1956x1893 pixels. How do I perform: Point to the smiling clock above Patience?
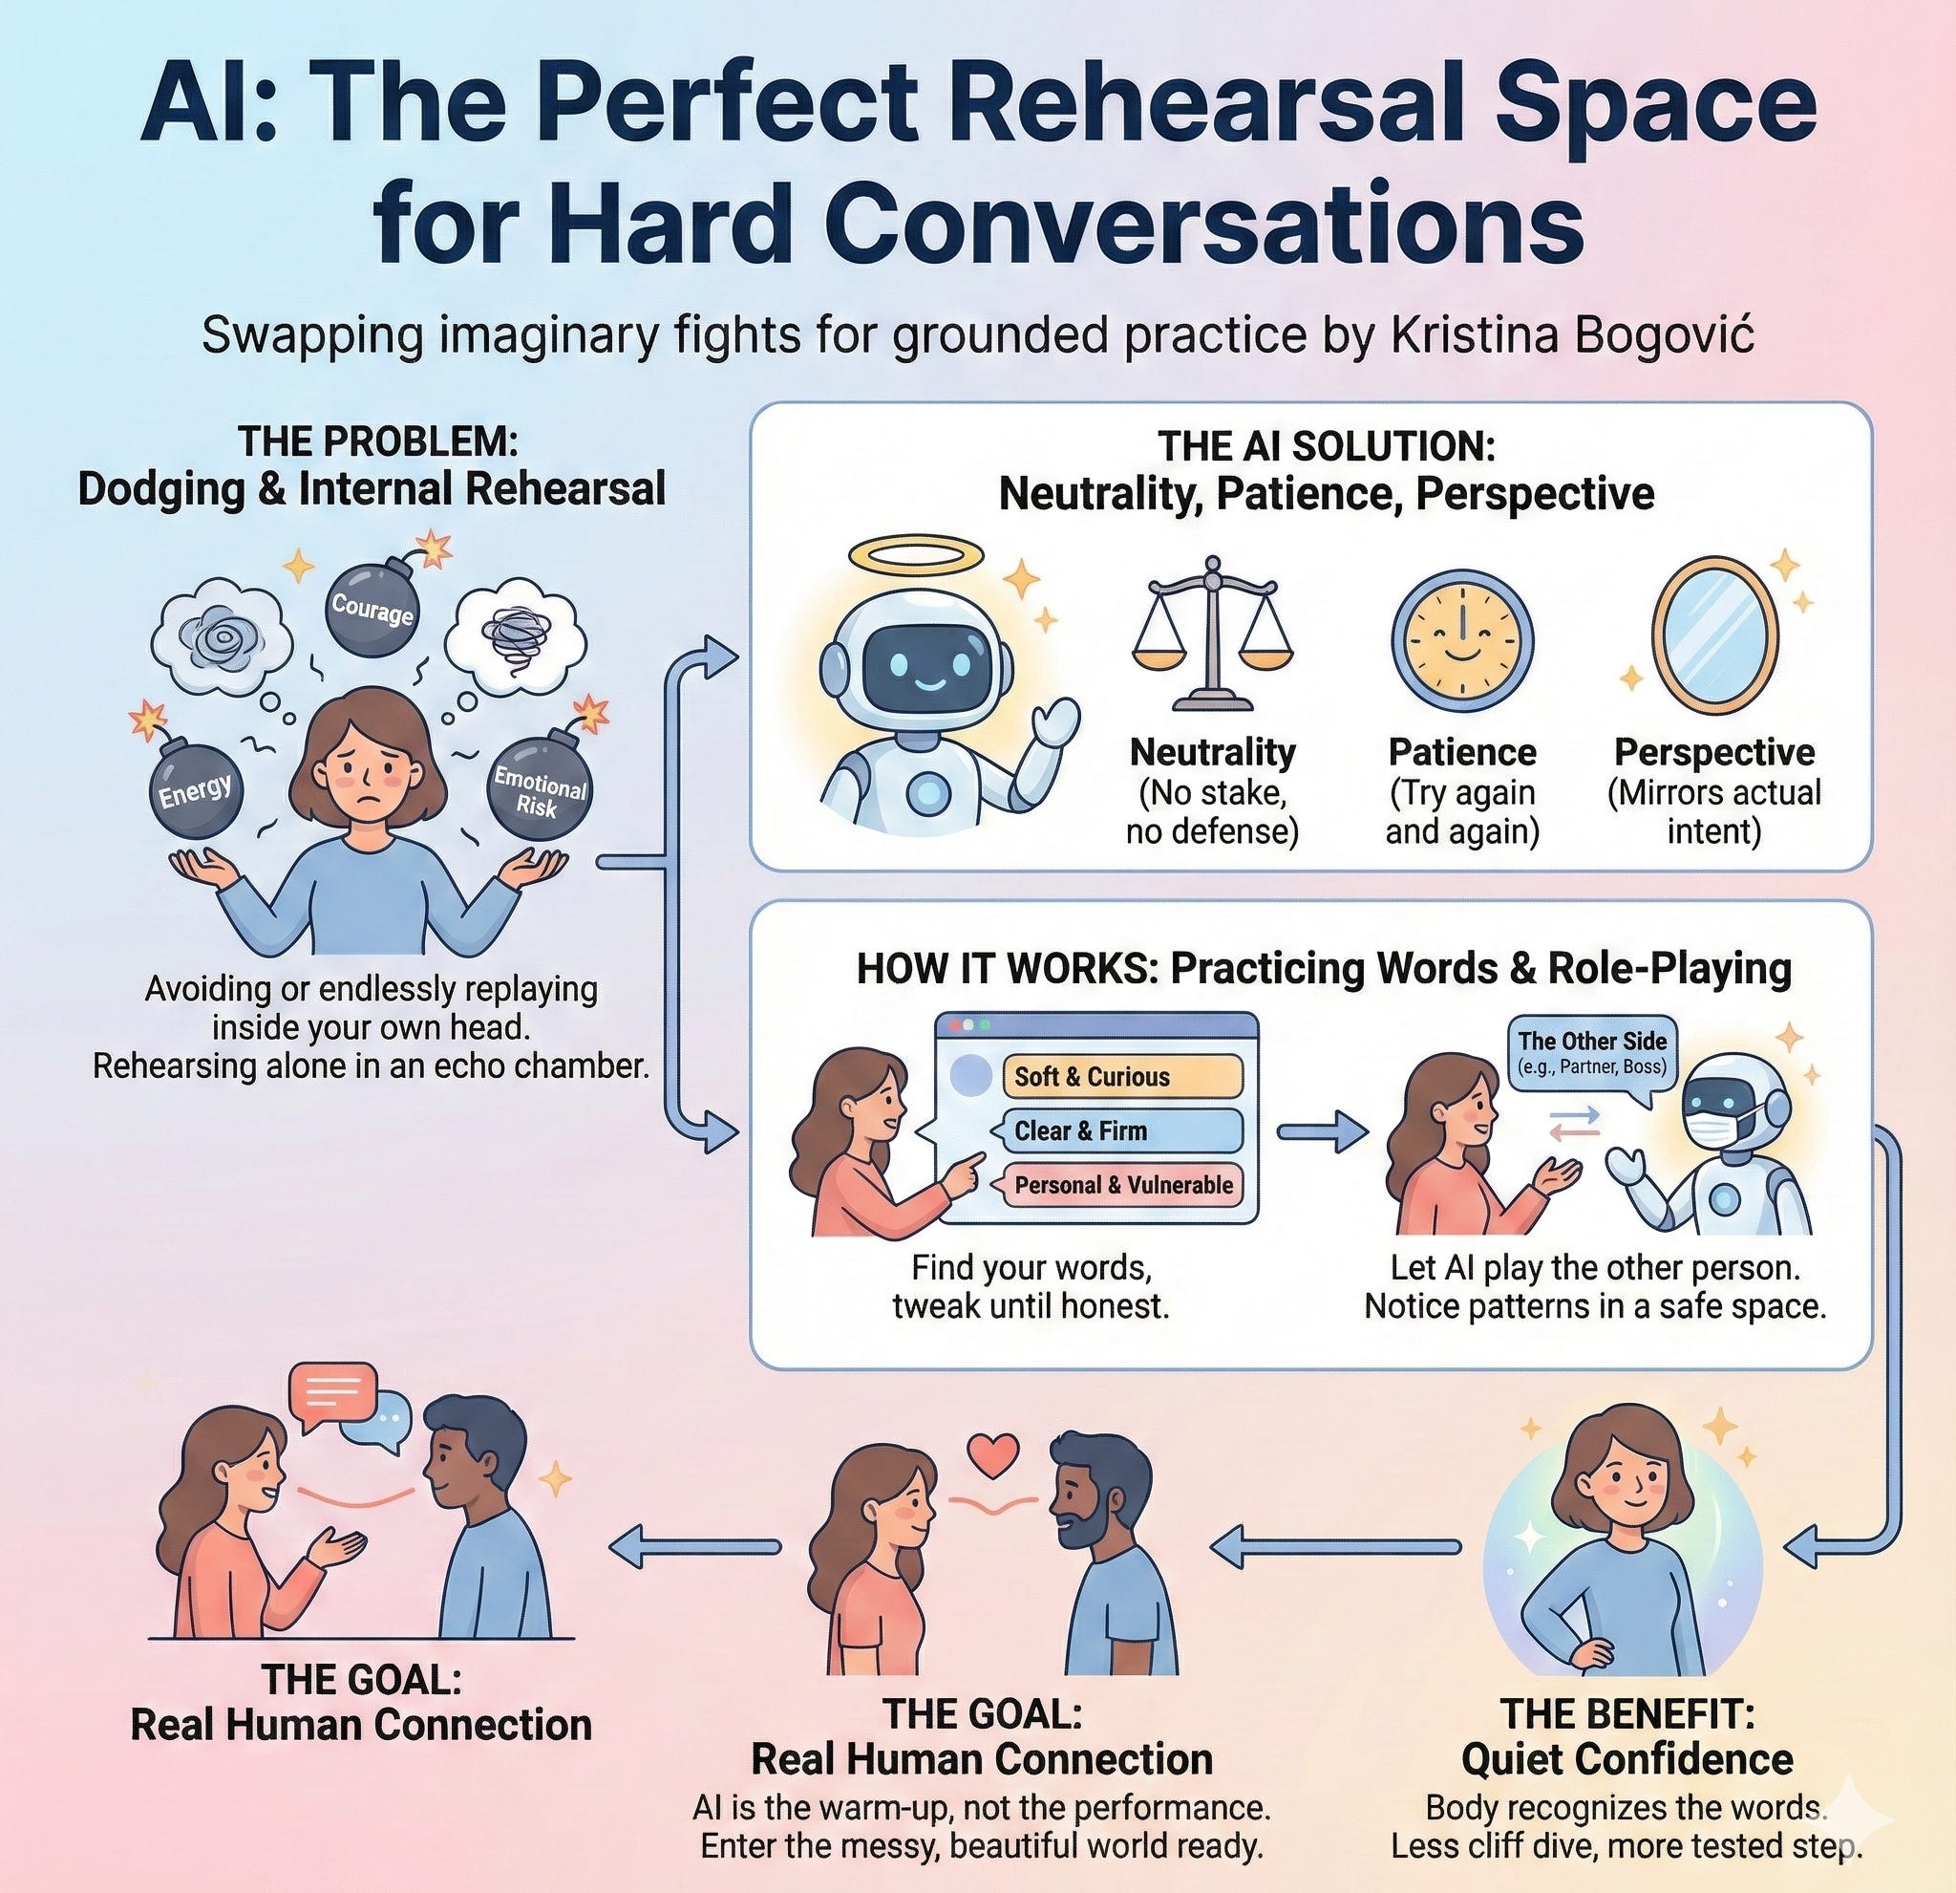click(x=1461, y=640)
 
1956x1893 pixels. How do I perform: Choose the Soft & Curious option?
click(x=1120, y=1076)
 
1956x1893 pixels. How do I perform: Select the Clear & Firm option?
click(x=1120, y=1130)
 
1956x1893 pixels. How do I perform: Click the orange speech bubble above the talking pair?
click(x=331, y=1394)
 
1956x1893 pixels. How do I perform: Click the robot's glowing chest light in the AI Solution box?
click(x=929, y=794)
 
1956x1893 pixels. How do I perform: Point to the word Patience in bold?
click(x=1462, y=751)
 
